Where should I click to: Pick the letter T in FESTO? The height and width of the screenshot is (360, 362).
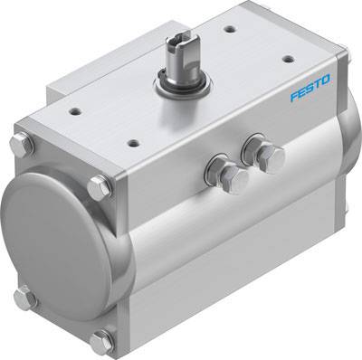tap(318, 88)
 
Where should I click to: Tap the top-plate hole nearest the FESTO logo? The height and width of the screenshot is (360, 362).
tap(288, 59)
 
